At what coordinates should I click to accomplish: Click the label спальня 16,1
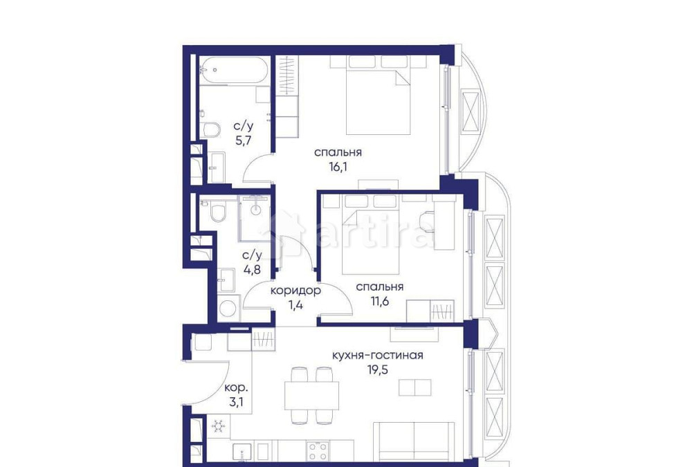338,152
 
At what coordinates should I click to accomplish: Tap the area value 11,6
380,300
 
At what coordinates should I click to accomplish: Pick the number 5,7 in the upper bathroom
243,140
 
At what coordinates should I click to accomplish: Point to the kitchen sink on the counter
242,452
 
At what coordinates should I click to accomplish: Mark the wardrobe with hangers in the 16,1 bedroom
286,76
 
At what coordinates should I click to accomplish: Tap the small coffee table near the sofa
415,387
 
